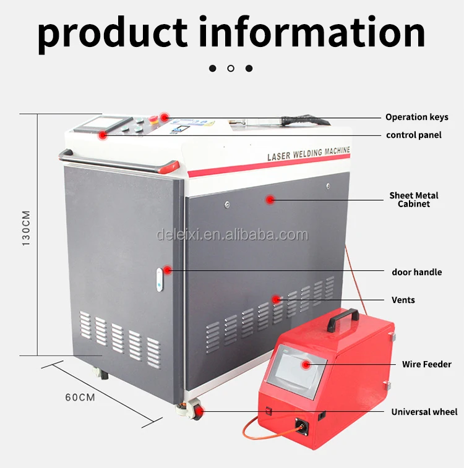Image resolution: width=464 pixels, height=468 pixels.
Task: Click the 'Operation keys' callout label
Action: (x=416, y=117)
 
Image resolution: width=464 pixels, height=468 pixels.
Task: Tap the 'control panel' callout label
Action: (x=414, y=135)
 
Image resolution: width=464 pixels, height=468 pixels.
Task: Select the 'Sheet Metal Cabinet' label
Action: (x=413, y=200)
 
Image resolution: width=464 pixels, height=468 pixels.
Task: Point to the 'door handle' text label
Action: (x=416, y=272)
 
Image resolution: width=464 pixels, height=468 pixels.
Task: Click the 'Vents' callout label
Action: (x=403, y=300)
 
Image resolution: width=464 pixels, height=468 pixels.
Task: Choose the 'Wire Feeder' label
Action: (x=426, y=364)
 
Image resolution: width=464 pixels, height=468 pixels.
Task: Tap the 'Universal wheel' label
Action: (x=424, y=412)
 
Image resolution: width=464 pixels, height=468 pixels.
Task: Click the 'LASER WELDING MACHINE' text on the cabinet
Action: (x=308, y=153)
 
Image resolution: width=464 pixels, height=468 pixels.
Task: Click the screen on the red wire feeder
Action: (x=298, y=367)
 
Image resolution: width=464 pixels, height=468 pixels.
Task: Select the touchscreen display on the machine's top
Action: (x=92, y=123)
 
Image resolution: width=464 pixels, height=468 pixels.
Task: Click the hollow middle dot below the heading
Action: (x=231, y=68)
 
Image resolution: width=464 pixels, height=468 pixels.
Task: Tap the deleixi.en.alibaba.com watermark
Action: (x=232, y=235)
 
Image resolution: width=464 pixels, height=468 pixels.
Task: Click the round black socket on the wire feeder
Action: (x=303, y=426)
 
